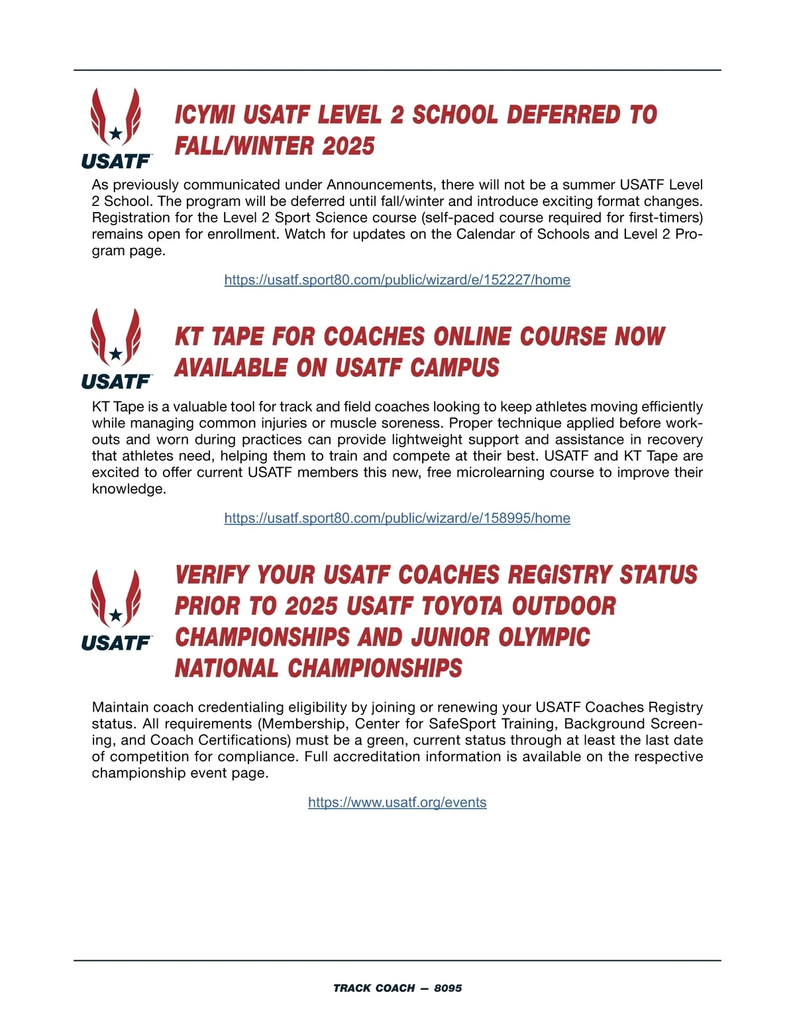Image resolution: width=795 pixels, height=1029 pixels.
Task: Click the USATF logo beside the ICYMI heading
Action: click(x=116, y=128)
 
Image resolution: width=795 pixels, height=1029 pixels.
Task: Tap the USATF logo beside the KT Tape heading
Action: click(x=116, y=349)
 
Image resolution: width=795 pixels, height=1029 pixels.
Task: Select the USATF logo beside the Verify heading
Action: click(x=116, y=610)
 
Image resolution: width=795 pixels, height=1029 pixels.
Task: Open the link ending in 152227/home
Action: click(x=397, y=280)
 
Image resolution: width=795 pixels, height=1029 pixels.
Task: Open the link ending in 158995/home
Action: click(x=397, y=518)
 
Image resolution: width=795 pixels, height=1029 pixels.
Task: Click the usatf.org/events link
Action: click(x=397, y=802)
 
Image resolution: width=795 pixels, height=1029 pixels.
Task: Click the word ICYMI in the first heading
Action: click(x=205, y=115)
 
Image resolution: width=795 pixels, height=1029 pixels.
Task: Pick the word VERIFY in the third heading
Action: click(x=212, y=575)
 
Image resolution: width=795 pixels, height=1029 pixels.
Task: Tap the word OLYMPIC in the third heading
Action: click(x=544, y=637)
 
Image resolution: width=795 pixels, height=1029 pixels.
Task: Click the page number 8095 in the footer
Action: click(x=448, y=988)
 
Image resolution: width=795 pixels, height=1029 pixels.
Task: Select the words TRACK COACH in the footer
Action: click(x=374, y=988)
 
